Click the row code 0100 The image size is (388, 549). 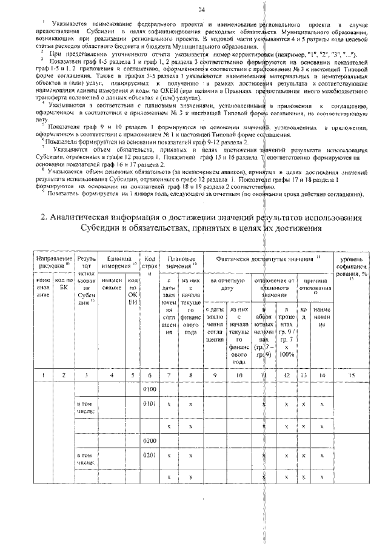(x=149, y=388)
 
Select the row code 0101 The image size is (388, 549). (x=149, y=402)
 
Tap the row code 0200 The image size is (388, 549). (x=149, y=440)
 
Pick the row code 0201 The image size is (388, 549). (x=149, y=454)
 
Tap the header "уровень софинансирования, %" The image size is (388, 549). (x=352, y=266)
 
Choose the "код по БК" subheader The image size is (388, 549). (x=63, y=285)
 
